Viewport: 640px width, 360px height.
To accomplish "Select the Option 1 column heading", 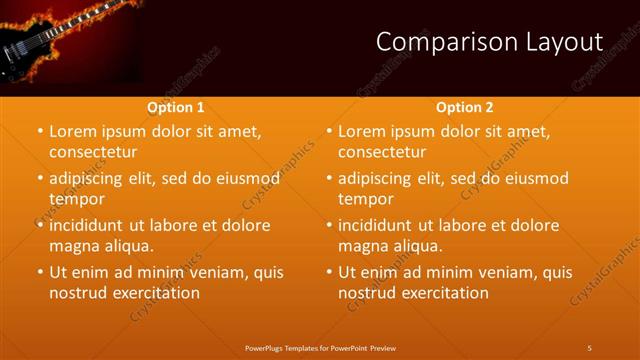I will [176, 107].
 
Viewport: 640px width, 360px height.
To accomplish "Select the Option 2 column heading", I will [465, 107].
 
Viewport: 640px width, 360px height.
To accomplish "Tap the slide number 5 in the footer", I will [589, 347].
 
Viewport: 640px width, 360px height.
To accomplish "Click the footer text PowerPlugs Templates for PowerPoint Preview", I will [319, 347].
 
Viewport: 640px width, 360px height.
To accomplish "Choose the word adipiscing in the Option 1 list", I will [94, 178].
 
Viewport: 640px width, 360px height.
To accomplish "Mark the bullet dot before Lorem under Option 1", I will [39, 132].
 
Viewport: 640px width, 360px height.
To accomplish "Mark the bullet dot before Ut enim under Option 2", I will [328, 272].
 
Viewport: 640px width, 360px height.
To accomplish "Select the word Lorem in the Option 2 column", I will [362, 131].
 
